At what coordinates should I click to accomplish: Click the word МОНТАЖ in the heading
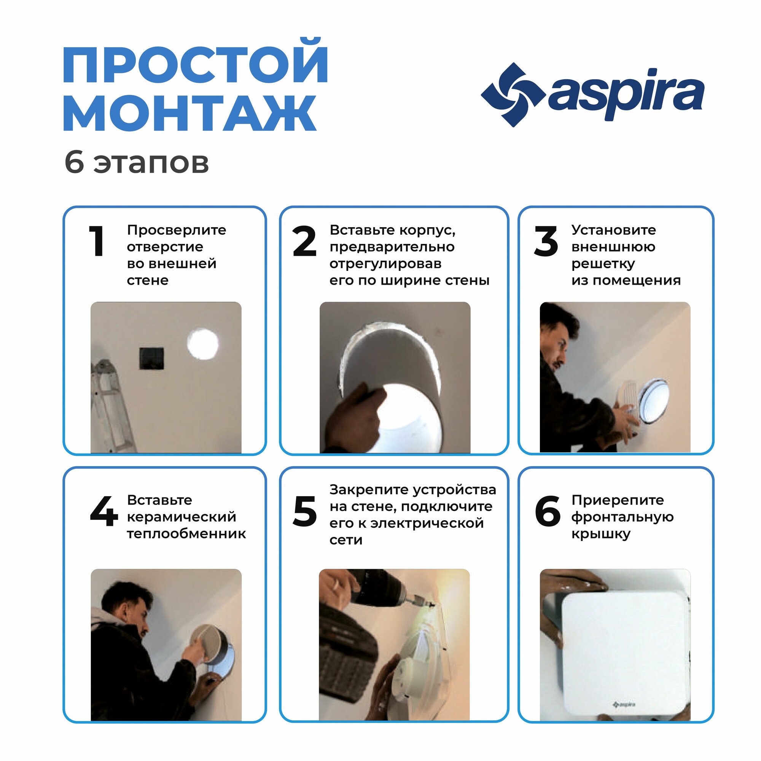[x=190, y=113]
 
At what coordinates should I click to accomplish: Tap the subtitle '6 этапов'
[x=136, y=163]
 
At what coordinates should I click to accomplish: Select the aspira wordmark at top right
[x=626, y=94]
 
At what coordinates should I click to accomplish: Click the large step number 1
[x=97, y=241]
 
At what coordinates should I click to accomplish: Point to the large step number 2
[x=304, y=241]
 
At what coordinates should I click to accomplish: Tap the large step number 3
[x=546, y=241]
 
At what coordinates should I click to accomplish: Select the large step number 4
[x=103, y=511]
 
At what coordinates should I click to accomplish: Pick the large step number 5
[x=304, y=511]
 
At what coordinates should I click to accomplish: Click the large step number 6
[x=548, y=511]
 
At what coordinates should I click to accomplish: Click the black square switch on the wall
[x=152, y=358]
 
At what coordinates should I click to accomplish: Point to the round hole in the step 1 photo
[x=202, y=344]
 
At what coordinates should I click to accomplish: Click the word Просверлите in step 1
[x=177, y=230]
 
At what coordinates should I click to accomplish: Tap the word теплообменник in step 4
[x=186, y=534]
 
